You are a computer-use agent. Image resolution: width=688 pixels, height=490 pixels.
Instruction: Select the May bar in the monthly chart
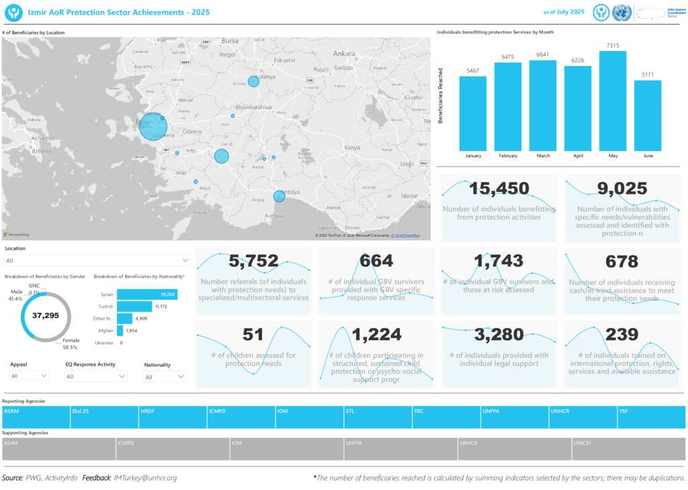(613, 101)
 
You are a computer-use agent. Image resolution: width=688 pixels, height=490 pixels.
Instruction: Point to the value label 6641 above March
(543, 55)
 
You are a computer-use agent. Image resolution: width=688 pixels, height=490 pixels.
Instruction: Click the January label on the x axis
(473, 156)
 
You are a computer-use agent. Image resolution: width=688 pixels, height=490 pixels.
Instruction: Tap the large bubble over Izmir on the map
(153, 126)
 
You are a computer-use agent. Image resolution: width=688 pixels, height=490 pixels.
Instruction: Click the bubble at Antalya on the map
(279, 196)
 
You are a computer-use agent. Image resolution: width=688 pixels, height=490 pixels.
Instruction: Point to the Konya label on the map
(351, 148)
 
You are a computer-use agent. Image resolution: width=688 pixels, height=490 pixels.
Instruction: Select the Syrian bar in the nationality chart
(147, 295)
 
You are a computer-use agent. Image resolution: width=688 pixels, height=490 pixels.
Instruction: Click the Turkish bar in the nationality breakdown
(134, 307)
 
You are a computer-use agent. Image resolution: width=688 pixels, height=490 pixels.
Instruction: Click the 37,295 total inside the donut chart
(46, 315)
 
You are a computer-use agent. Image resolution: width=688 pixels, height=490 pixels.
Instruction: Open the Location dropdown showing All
(97, 260)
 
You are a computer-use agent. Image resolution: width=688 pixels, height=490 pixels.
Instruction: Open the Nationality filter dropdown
(165, 377)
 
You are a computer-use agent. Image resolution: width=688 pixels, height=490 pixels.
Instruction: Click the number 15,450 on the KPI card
(499, 189)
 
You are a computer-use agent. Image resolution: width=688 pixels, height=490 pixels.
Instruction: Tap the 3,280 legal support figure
(499, 334)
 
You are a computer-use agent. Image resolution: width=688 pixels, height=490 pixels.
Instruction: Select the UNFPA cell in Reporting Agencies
(515, 417)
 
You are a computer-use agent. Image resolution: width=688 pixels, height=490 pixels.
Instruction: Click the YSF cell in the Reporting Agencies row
(651, 417)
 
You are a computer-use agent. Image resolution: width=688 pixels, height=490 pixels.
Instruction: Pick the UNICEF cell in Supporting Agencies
(628, 449)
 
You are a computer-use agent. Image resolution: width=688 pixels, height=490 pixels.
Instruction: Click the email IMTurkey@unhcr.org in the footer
(146, 478)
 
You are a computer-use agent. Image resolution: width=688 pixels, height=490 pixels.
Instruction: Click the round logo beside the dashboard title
(13, 12)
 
